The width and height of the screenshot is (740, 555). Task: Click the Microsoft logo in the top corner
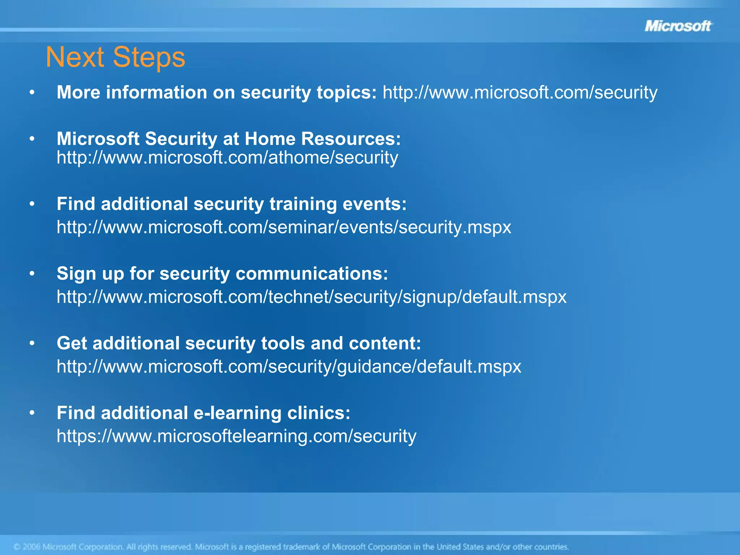tap(678, 26)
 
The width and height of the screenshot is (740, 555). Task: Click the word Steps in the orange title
tap(149, 57)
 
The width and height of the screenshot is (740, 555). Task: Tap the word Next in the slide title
tap(75, 57)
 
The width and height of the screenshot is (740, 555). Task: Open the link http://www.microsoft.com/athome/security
tap(227, 158)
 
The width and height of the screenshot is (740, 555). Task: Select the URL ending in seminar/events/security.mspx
tap(284, 227)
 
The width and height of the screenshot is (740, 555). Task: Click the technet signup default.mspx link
tap(311, 297)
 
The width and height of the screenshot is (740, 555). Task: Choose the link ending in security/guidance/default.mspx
tap(289, 367)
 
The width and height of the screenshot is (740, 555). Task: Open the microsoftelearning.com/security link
tap(236, 436)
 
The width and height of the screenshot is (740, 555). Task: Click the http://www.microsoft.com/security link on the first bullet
tap(520, 92)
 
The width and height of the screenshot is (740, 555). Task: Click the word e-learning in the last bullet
tap(237, 413)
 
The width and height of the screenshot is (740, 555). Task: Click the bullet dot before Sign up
tap(32, 274)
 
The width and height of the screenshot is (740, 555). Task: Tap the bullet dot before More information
tap(32, 93)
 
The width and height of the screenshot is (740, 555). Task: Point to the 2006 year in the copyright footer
tap(31, 547)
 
